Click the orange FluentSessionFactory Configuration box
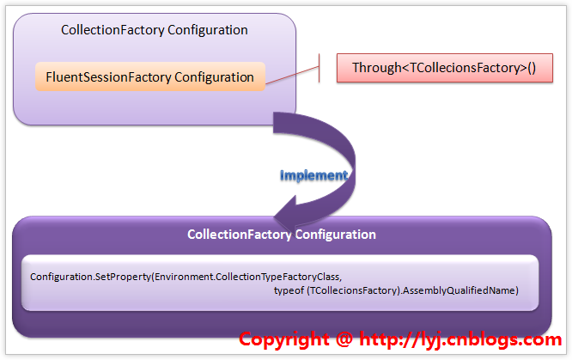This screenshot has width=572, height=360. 151,76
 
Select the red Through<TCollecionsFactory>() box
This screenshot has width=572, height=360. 443,67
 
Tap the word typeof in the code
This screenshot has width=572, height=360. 289,290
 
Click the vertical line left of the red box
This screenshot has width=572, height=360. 319,67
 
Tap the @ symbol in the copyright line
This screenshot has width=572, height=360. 344,339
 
